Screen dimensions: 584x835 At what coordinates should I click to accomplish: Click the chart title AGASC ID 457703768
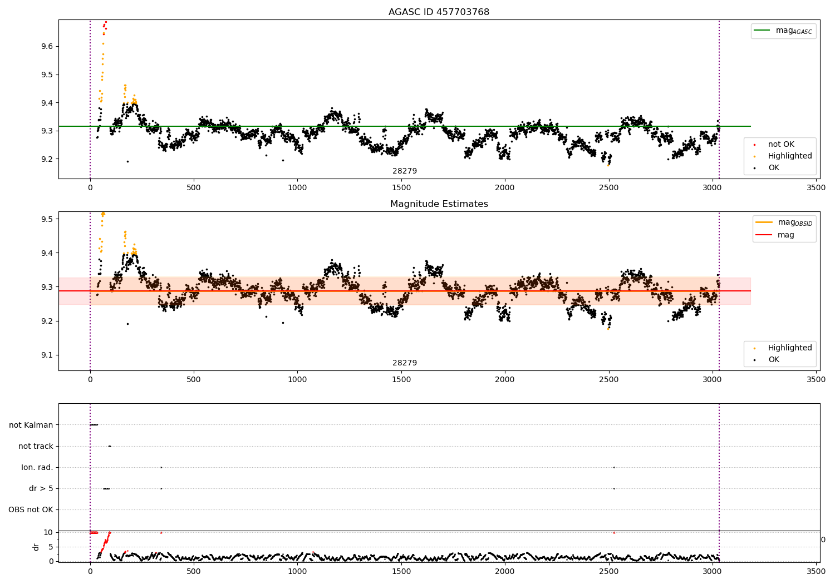coord(439,12)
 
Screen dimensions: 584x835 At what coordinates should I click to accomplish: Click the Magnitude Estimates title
coord(439,204)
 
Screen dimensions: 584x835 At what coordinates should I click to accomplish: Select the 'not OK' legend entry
coord(781,145)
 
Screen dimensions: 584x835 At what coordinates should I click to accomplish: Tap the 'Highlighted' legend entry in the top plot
coord(789,156)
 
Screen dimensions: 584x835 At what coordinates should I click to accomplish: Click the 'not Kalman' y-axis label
coord(31,425)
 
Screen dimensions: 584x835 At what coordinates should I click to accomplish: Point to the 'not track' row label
coord(36,446)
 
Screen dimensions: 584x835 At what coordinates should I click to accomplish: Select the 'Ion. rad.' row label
coord(37,467)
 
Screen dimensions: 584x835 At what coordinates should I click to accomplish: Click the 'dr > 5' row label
coord(41,488)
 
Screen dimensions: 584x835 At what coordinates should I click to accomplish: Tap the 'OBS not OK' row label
coord(31,509)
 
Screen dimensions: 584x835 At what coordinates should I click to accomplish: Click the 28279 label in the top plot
coord(405,171)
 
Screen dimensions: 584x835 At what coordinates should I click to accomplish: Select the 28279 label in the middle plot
coord(405,363)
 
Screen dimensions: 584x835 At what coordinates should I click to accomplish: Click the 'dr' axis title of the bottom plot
coord(36,547)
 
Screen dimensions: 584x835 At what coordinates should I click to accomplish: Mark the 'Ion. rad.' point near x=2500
coord(614,467)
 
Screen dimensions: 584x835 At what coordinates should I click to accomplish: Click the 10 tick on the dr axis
coord(48,532)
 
